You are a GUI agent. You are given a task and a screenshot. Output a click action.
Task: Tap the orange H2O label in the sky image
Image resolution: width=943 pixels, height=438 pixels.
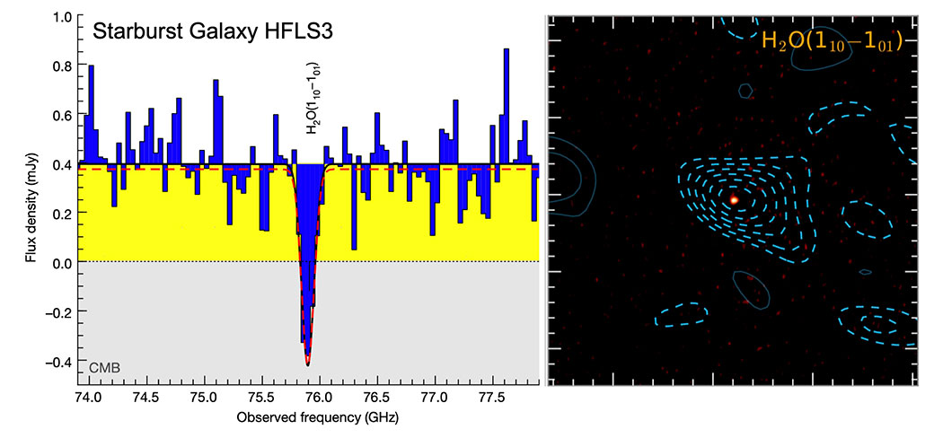point(832,42)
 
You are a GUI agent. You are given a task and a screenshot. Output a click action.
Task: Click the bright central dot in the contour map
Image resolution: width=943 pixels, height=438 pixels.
point(734,199)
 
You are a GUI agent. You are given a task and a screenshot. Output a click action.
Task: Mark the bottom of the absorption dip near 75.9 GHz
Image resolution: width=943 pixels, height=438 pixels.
point(308,364)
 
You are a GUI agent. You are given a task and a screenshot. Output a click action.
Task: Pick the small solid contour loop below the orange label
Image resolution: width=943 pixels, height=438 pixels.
point(745,90)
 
